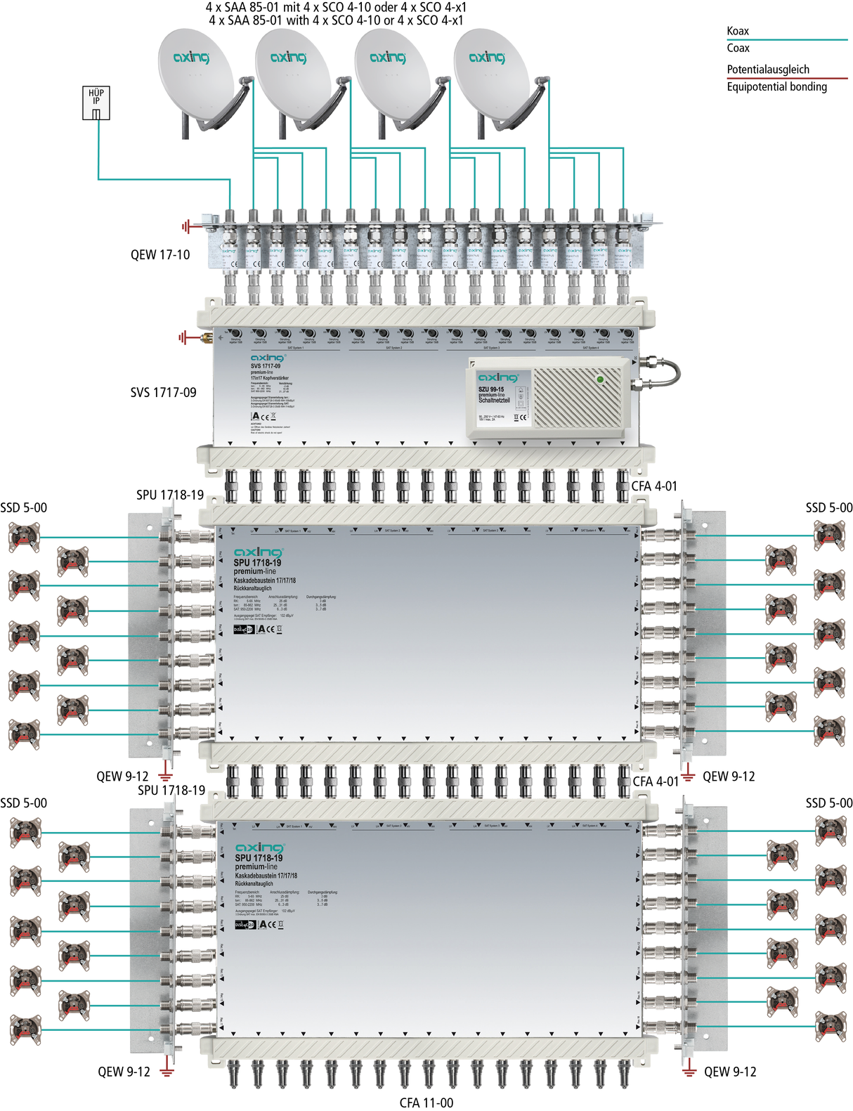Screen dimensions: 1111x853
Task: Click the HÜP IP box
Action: pyautogui.click(x=96, y=103)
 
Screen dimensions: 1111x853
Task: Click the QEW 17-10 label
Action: pyautogui.click(x=160, y=254)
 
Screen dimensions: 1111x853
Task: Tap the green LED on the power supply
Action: pyautogui.click(x=599, y=379)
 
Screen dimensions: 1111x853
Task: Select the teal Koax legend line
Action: pyautogui.click(x=787, y=40)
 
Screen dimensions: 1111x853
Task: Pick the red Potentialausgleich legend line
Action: pyautogui.click(x=787, y=78)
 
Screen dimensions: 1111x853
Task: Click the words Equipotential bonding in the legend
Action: pyautogui.click(x=776, y=87)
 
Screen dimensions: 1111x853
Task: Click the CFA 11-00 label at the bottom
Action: pyautogui.click(x=426, y=1103)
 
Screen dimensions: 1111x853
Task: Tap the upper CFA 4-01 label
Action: pyautogui.click(x=654, y=486)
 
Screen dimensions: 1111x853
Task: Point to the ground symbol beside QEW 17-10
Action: pyautogui.click(x=185, y=226)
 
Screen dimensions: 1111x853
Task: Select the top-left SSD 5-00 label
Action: pyautogui.click(x=24, y=507)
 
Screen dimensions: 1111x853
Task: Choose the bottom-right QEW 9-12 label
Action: pyautogui.click(x=730, y=1072)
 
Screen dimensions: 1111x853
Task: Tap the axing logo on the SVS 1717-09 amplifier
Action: pyautogui.click(x=267, y=358)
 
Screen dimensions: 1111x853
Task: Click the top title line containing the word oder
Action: pyautogui.click(x=336, y=7)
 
